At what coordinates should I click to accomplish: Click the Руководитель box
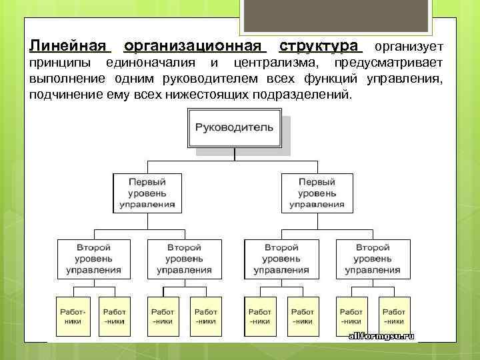coord(234,127)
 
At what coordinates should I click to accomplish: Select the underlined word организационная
coord(195,47)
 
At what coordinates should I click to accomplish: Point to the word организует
coord(407,47)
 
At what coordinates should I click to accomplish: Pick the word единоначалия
coord(151,63)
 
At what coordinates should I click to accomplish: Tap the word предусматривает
coord(389,63)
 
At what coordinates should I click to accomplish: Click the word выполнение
coord(65,79)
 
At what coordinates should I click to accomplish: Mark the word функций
coord(333,79)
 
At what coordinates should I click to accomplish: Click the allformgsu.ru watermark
coord(381,336)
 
